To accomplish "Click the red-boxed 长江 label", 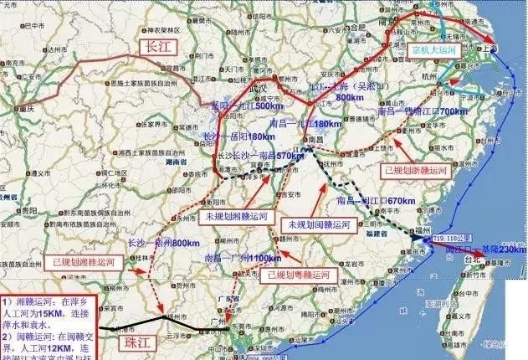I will (156, 46).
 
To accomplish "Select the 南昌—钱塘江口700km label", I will (423, 111).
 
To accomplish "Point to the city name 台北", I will (478, 260).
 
